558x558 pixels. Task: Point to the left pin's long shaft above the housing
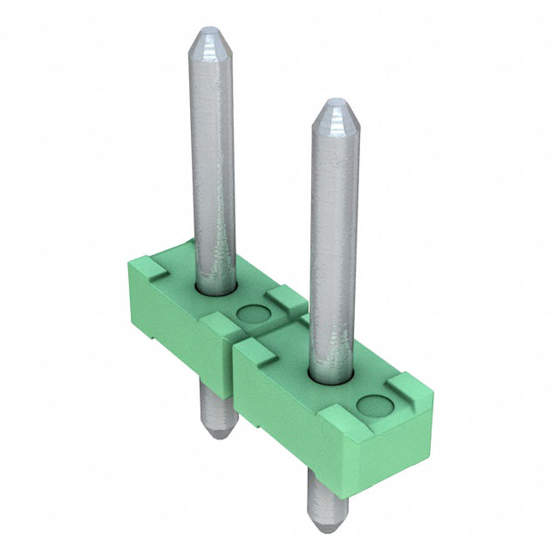pos(212,157)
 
